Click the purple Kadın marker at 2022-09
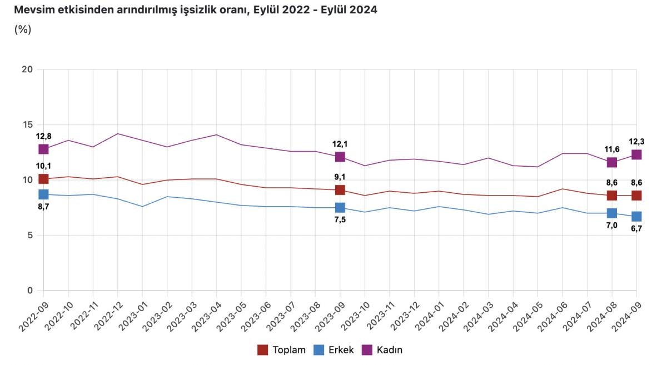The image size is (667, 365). (x=43, y=149)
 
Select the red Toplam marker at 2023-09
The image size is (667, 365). (x=340, y=190)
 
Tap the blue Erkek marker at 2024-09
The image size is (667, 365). (x=636, y=216)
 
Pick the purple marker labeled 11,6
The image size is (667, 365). (x=612, y=162)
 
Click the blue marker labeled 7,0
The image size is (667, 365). (x=612, y=213)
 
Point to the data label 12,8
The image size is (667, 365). (x=43, y=136)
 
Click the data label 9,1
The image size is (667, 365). (x=340, y=177)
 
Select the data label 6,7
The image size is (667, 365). (x=636, y=229)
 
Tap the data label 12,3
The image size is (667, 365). (x=636, y=142)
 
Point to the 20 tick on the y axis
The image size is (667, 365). (x=28, y=69)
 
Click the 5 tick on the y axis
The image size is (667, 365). (x=30, y=235)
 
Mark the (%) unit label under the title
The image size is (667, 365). (x=22, y=29)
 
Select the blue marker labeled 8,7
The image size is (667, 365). (x=43, y=194)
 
